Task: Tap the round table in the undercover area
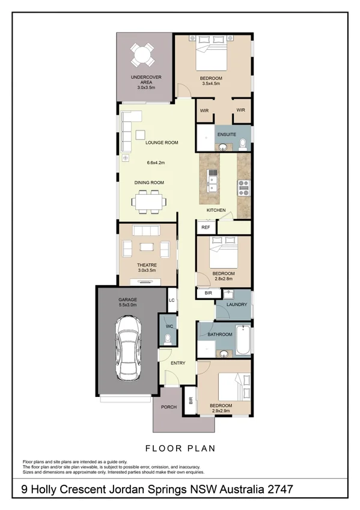[x=143, y=56]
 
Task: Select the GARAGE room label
[x=127, y=299]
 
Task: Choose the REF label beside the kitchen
[x=206, y=227]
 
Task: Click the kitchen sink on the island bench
[x=212, y=180]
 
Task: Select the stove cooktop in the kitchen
[x=244, y=188]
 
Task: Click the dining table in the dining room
[x=148, y=201]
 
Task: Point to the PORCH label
[x=169, y=407]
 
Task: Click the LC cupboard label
[x=171, y=300]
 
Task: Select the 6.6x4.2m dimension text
[x=155, y=162]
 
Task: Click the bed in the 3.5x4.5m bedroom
[x=211, y=57]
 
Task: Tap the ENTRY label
[x=178, y=363]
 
